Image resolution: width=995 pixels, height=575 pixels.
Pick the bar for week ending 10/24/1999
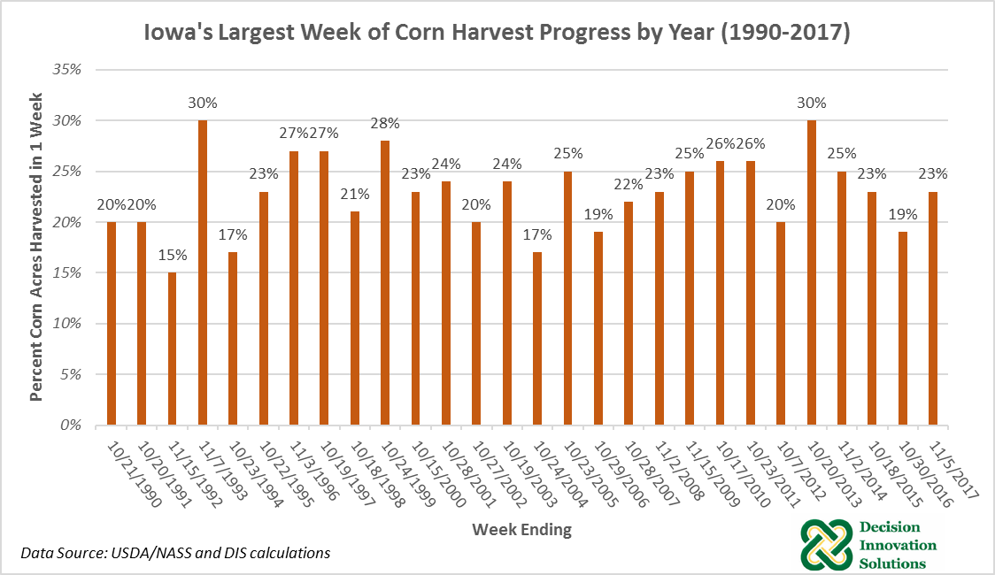385,282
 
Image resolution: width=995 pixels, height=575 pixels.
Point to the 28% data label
385,123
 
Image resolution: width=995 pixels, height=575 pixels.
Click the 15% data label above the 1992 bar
173,255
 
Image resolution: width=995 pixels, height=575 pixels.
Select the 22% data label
629,184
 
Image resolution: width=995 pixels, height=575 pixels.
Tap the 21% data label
355,195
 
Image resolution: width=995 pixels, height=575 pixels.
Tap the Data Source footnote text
176,553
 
